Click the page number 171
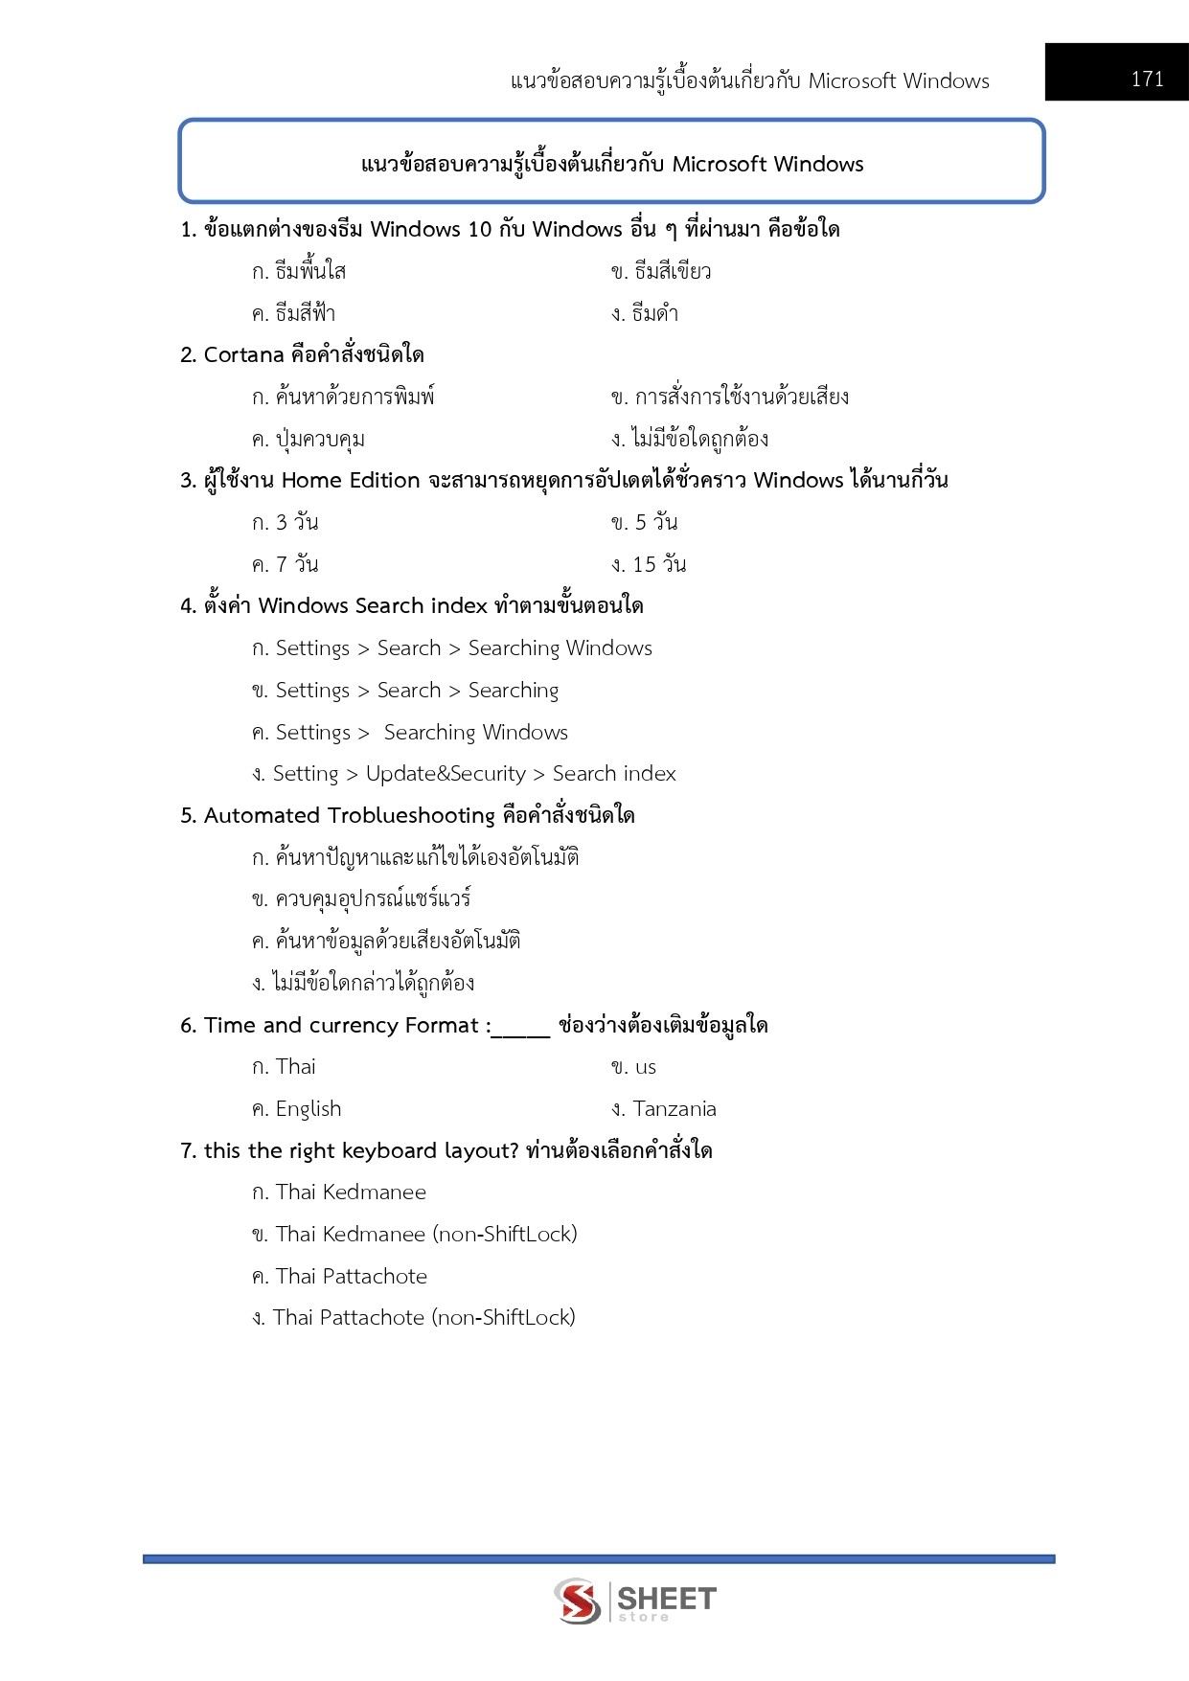pos(1146,79)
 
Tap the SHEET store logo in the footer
pos(634,1601)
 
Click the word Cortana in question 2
pos(243,355)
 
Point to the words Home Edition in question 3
pos(351,481)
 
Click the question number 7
pos(187,1151)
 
